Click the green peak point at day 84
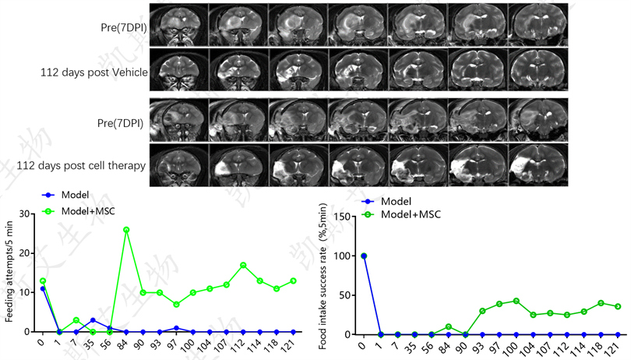(x=126, y=230)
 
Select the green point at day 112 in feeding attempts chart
(x=243, y=265)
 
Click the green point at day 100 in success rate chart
(x=516, y=301)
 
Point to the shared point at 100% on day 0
(x=363, y=256)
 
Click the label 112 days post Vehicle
(x=93, y=72)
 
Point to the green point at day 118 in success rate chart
(x=601, y=303)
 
